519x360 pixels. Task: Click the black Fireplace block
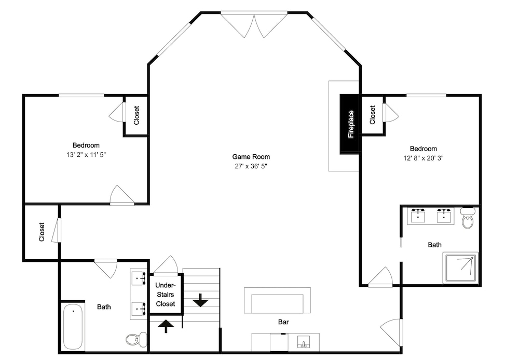click(x=349, y=124)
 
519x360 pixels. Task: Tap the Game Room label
click(x=251, y=157)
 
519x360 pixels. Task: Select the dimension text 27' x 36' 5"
click(x=251, y=166)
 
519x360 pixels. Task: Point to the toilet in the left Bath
click(x=136, y=339)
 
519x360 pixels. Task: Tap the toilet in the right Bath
click(x=468, y=218)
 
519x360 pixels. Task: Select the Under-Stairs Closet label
click(x=166, y=295)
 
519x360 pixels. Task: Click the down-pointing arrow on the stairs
click(x=200, y=300)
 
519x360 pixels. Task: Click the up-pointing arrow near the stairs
click(x=166, y=326)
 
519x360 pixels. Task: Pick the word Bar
click(x=283, y=322)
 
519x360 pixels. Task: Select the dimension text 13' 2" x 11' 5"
click(x=86, y=155)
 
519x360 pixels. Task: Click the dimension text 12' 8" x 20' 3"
click(x=424, y=158)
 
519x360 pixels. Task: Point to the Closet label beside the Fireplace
click(x=372, y=115)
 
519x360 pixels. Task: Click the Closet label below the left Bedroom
click(x=42, y=232)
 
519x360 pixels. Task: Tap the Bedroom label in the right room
click(x=424, y=149)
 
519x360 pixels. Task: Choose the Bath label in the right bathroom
click(x=434, y=245)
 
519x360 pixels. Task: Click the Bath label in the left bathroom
click(x=104, y=307)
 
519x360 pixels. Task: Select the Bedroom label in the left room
click(x=86, y=145)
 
